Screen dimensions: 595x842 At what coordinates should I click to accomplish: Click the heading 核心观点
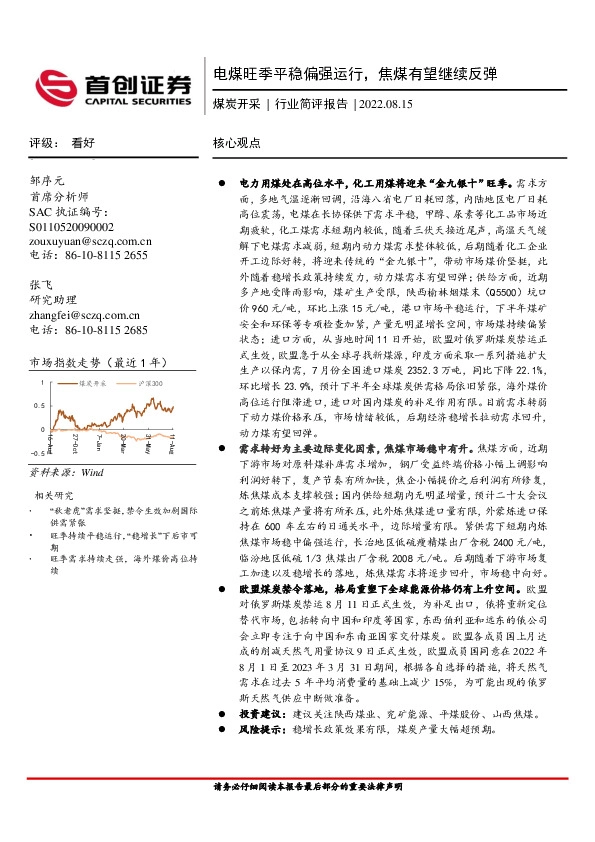pos(237,143)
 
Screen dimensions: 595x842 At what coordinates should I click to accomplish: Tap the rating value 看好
pos(83,143)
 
